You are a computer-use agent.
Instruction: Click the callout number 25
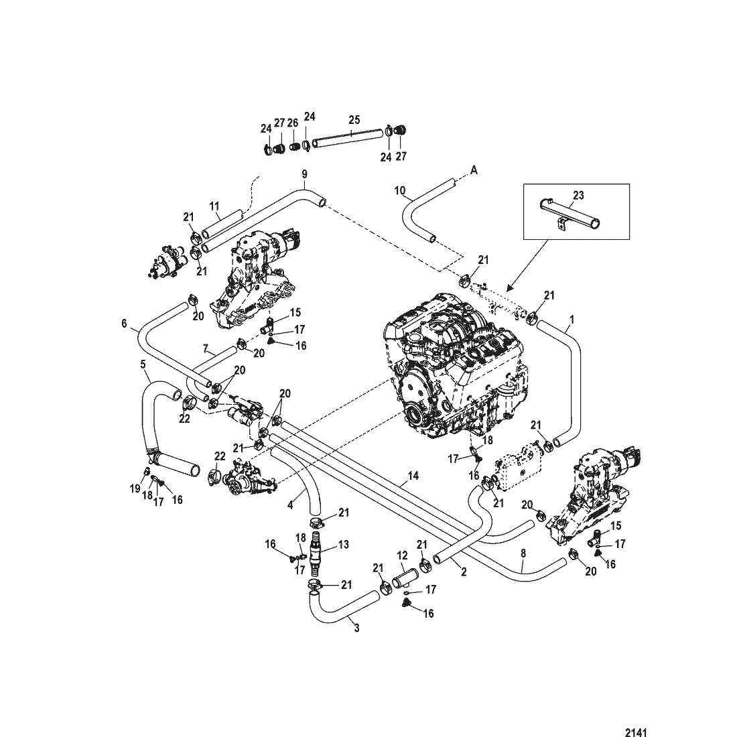pyautogui.click(x=354, y=119)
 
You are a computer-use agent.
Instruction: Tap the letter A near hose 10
pyautogui.click(x=473, y=171)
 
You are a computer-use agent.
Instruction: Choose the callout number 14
pyautogui.click(x=413, y=477)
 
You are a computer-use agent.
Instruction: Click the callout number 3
pyautogui.click(x=356, y=628)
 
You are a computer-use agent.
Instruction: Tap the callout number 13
pyautogui.click(x=344, y=545)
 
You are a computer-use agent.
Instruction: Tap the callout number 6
pyautogui.click(x=124, y=323)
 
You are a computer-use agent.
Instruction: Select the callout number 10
pyautogui.click(x=400, y=191)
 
